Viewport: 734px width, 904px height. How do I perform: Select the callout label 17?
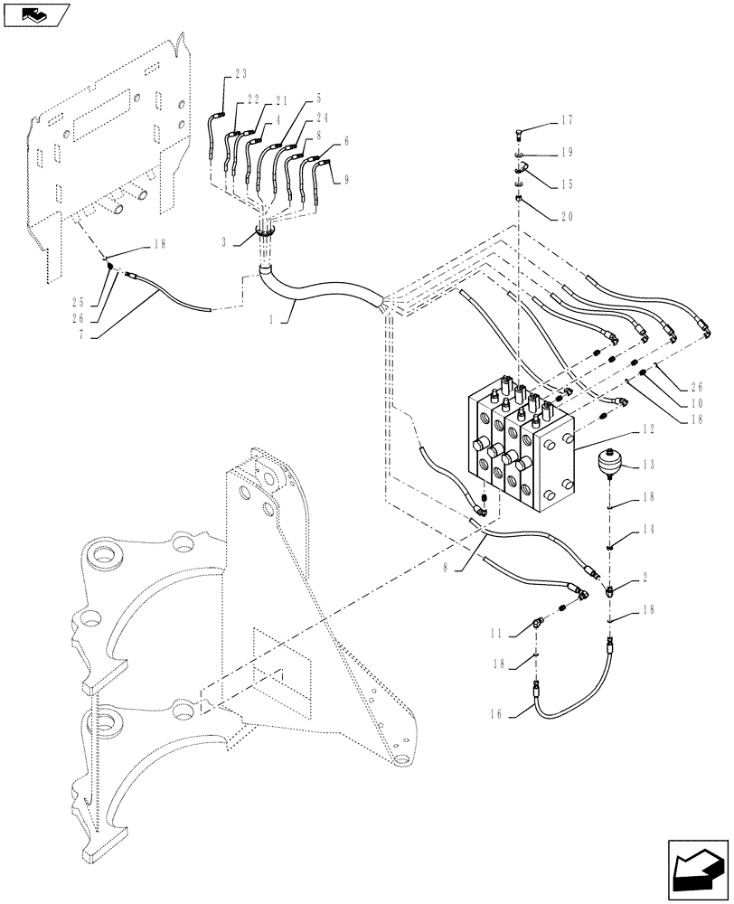point(567,119)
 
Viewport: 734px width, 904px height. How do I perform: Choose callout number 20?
point(567,216)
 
